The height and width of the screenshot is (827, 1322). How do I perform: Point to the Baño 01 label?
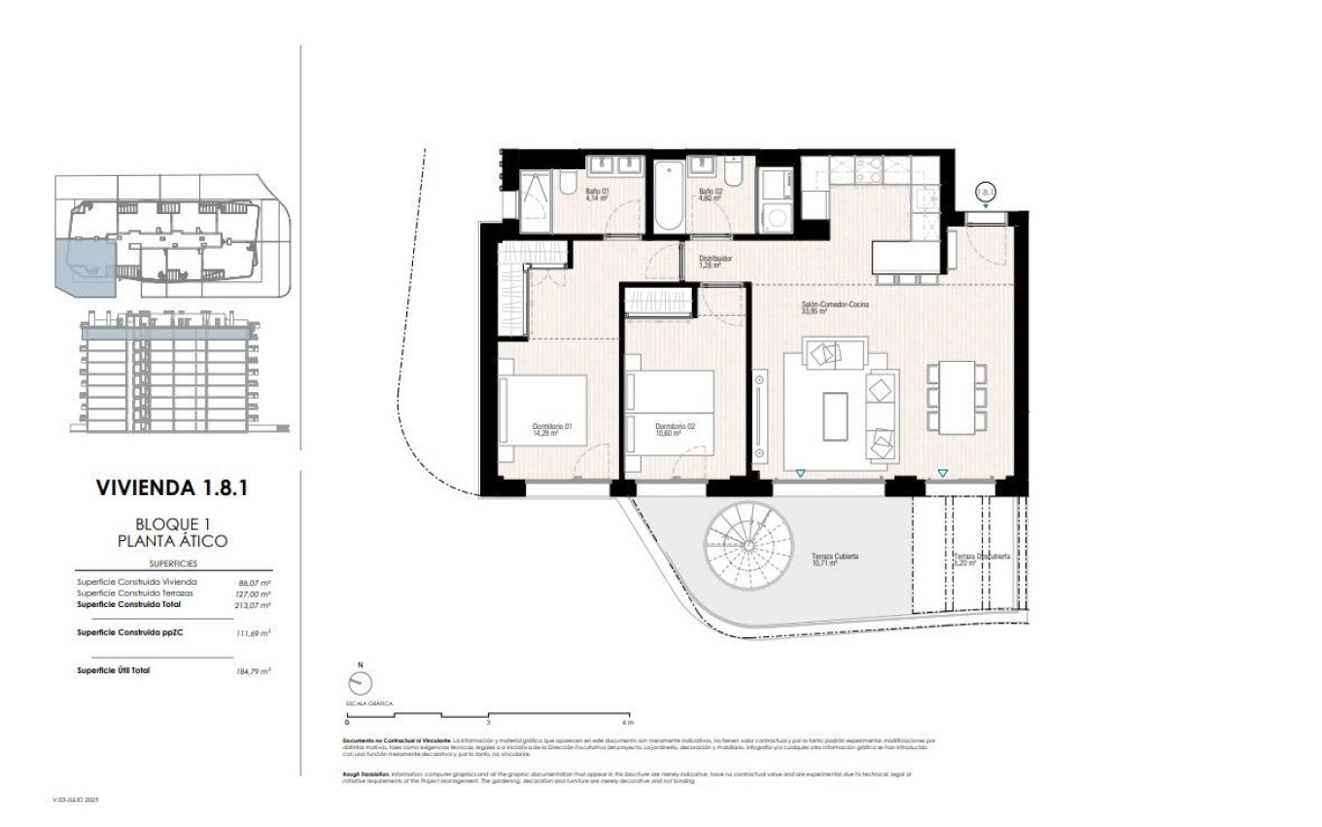point(597,195)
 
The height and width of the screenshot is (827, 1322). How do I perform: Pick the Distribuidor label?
point(714,262)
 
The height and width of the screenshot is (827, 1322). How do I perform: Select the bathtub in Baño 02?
point(669,198)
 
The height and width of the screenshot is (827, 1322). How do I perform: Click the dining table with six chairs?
point(958,397)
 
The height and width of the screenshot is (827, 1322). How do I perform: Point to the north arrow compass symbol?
point(360,683)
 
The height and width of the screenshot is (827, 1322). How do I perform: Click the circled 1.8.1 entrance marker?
point(986,193)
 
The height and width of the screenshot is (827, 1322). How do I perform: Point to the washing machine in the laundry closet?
point(777,216)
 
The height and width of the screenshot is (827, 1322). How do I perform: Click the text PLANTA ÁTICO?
point(173,541)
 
